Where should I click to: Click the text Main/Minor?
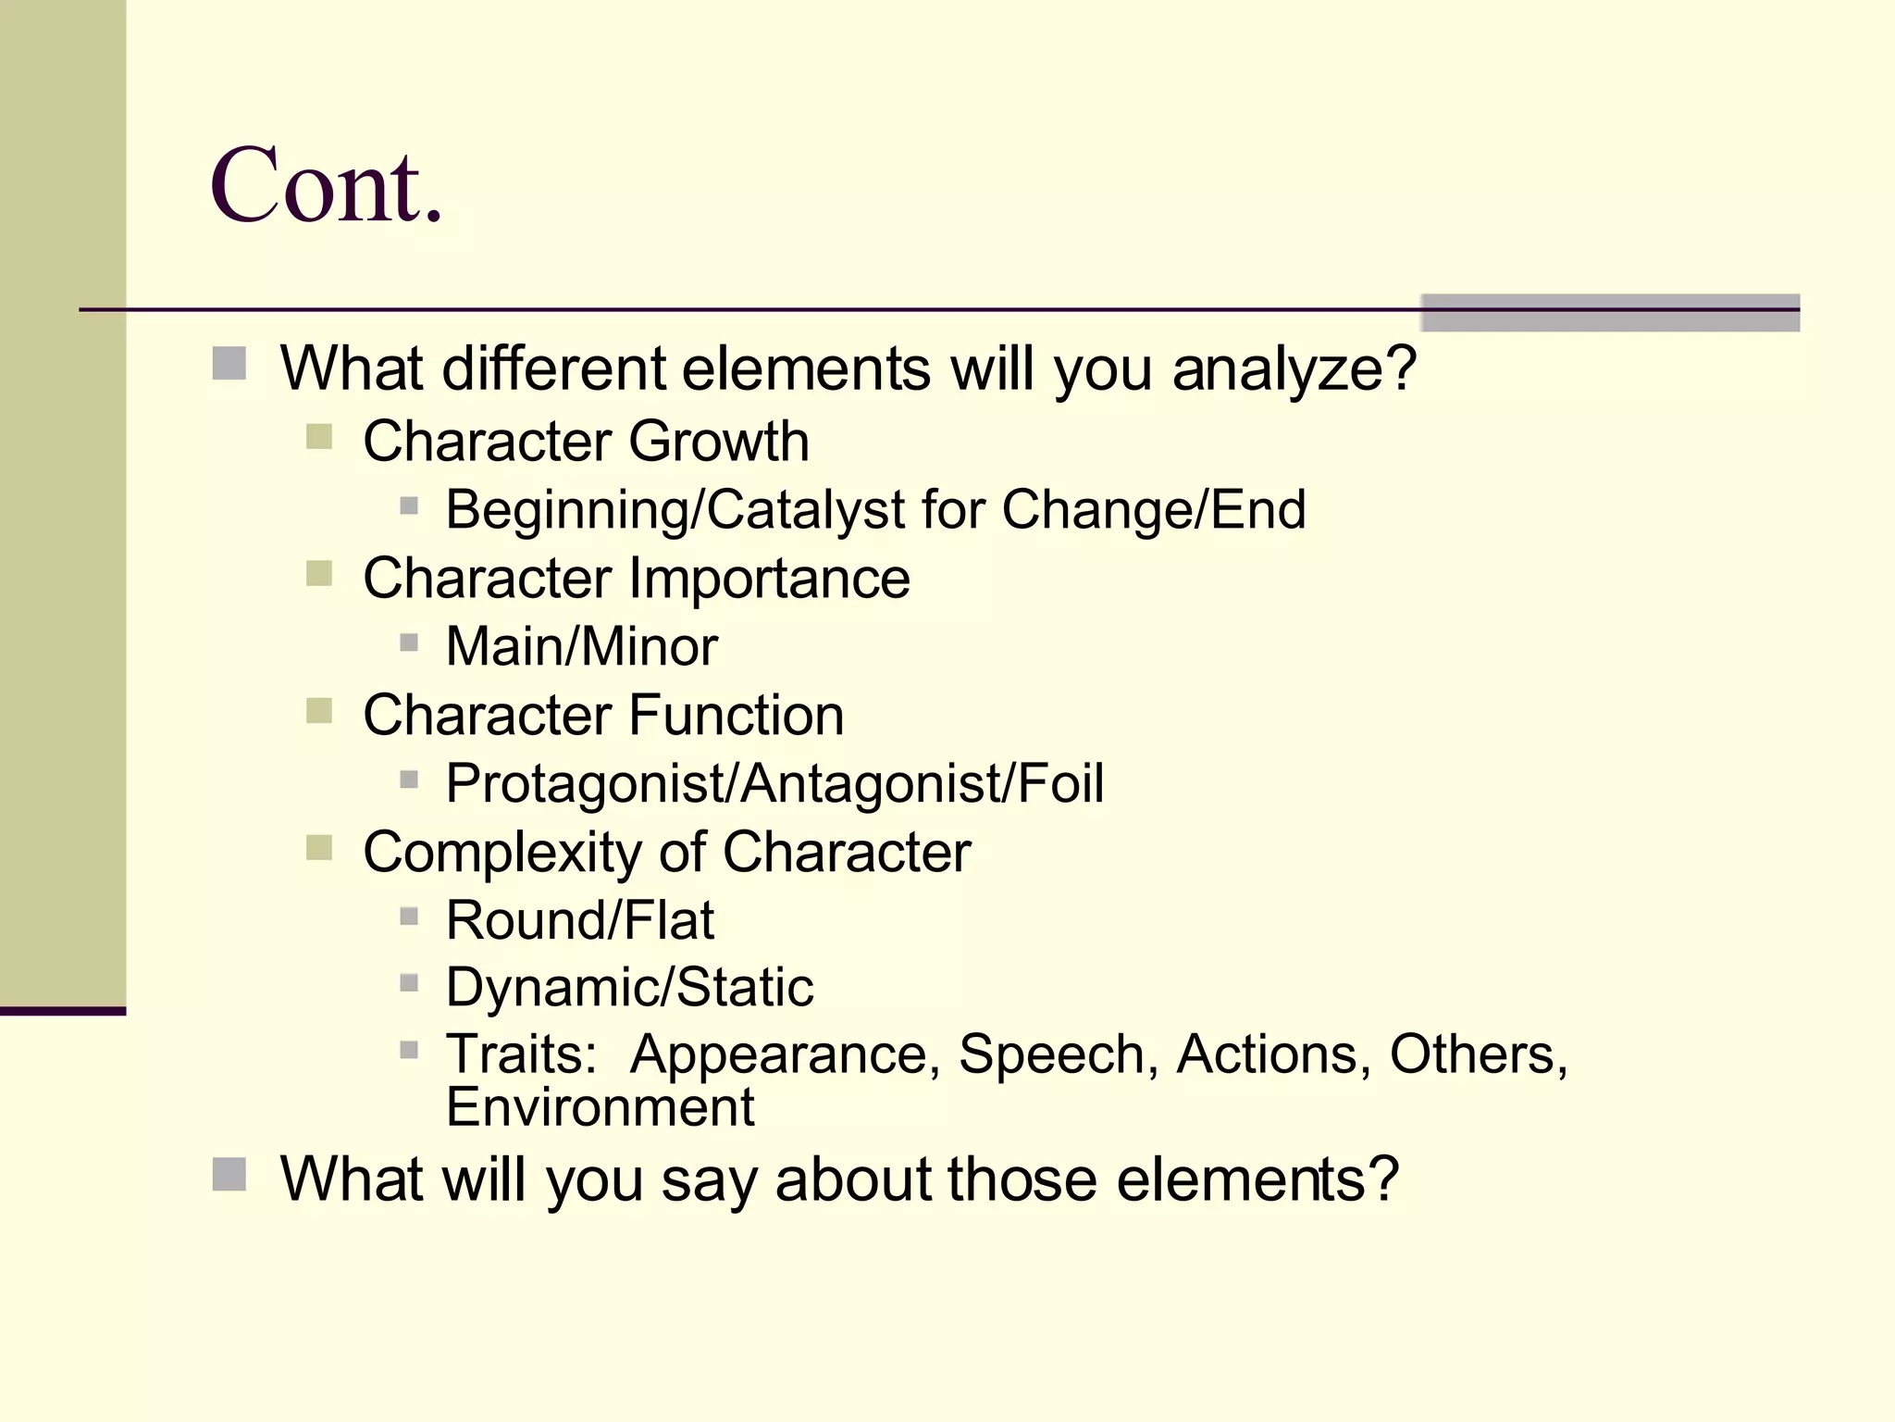(x=581, y=646)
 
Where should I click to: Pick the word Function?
(x=737, y=715)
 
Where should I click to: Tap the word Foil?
(x=1060, y=783)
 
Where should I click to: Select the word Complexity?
(x=502, y=853)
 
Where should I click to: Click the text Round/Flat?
(x=579, y=920)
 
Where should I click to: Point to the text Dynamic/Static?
(x=629, y=987)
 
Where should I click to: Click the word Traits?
(x=522, y=1054)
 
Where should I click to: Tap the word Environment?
(x=600, y=1107)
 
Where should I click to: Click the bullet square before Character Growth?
(x=319, y=437)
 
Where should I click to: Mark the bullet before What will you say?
(x=229, y=1175)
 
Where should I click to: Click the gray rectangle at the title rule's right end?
(x=1610, y=313)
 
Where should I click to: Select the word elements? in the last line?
(x=1257, y=1180)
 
